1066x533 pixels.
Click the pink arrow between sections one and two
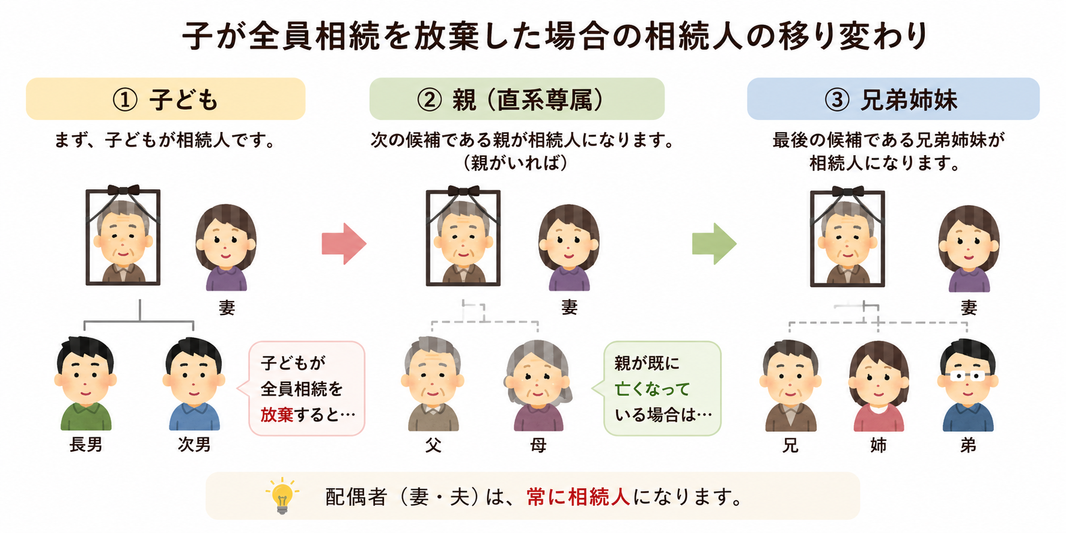point(344,243)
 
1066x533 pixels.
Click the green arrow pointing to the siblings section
point(714,243)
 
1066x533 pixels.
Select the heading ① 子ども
point(165,99)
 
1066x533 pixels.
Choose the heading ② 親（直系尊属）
point(510,99)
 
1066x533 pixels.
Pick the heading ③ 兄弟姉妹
point(891,99)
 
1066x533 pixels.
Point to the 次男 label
point(194,445)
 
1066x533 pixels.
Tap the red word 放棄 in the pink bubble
point(277,414)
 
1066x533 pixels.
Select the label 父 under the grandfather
point(433,445)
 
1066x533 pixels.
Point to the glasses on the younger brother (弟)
point(967,377)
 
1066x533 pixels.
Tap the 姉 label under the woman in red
point(879,445)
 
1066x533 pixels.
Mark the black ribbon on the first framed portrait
point(123,190)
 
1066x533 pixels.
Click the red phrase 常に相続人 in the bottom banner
point(578,496)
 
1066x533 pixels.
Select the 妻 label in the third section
point(969,308)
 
